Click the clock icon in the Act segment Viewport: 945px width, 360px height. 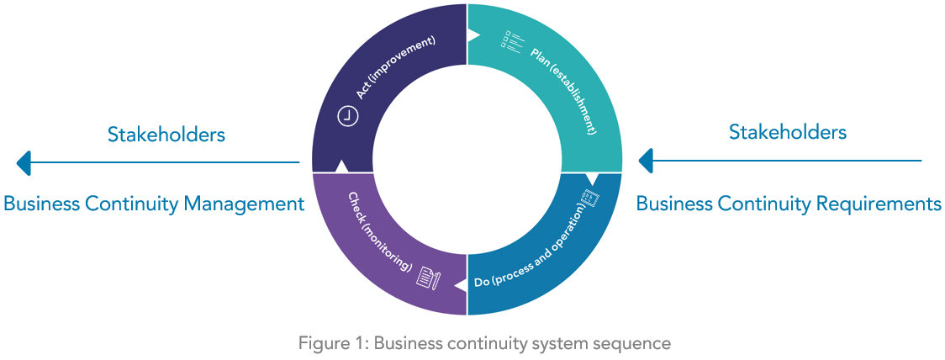point(348,117)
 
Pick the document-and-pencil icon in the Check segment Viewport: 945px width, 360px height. point(428,278)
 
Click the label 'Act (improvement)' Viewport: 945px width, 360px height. point(396,66)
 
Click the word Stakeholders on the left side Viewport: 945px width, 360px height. point(166,135)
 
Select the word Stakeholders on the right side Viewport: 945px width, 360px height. point(788,132)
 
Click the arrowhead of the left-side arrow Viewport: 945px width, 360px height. point(24,162)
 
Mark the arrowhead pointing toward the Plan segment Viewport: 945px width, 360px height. point(646,160)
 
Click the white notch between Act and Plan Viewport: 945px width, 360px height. point(472,35)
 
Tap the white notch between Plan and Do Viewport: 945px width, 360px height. point(592,178)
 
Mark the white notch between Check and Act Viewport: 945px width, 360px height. point(341,166)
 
